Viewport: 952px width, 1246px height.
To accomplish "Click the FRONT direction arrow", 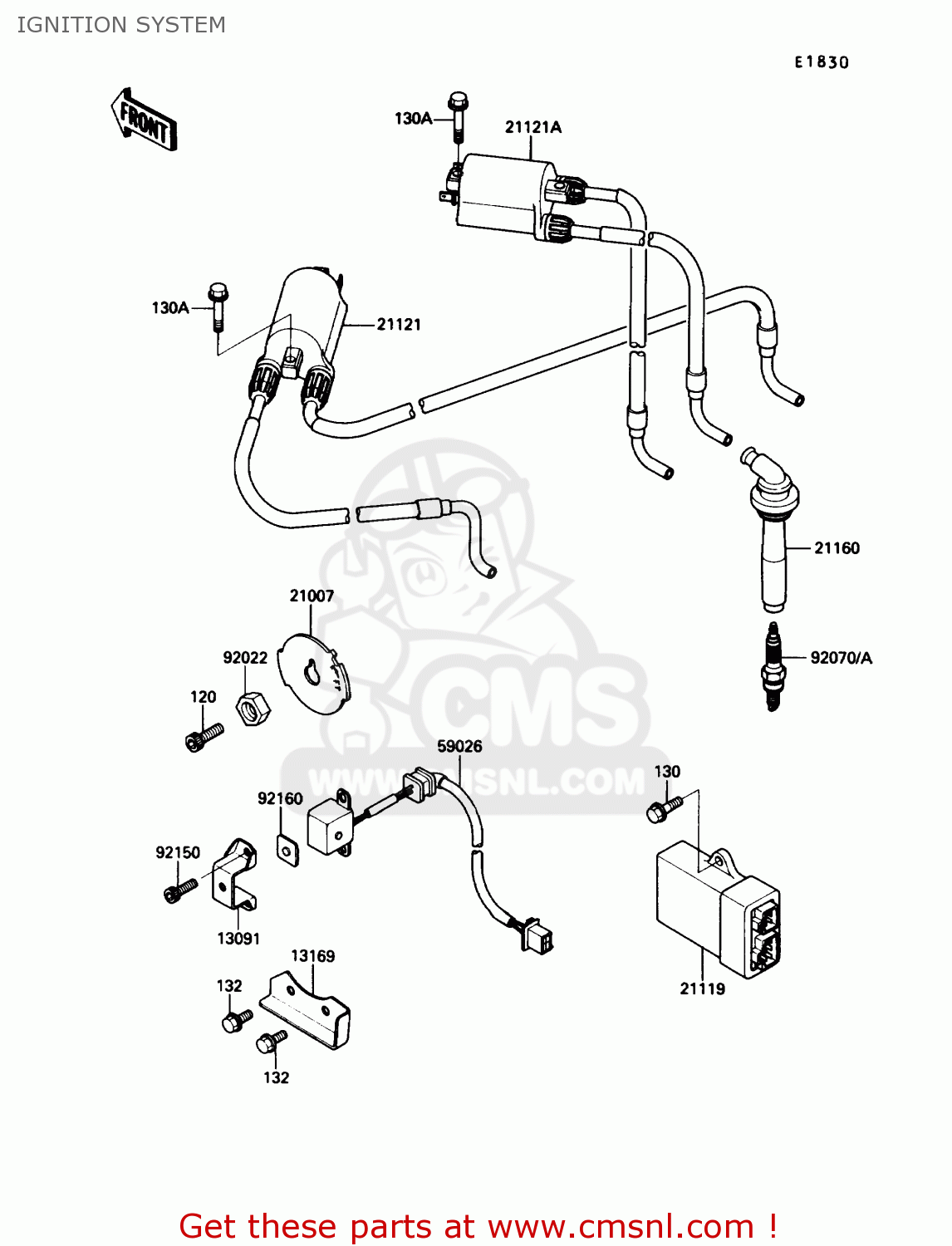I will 144,120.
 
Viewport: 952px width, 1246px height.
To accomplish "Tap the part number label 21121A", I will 532,127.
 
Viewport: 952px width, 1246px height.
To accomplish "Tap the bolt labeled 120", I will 204,736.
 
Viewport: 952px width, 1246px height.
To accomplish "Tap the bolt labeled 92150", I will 179,890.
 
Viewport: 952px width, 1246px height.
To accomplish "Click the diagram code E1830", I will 821,62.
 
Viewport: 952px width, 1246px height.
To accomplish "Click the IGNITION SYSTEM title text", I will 121,25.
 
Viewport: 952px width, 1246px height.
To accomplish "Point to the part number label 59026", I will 459,746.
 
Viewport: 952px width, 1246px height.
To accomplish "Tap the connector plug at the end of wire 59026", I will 537,937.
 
